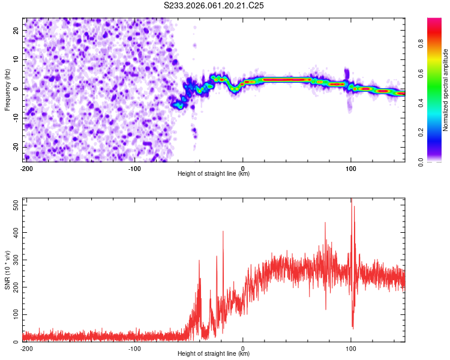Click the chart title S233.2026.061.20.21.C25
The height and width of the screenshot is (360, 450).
214,5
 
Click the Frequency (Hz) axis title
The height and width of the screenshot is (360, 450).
7,89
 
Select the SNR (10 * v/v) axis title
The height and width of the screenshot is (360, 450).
7,269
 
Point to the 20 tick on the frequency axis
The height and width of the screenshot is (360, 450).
16,30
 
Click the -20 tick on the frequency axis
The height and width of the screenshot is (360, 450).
16,147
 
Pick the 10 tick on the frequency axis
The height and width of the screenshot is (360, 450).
16,59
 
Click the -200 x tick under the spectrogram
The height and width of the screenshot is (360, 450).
26,167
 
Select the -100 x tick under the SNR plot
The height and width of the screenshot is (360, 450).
134,347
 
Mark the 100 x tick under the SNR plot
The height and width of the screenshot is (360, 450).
351,347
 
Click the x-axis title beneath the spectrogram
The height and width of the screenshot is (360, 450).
214,173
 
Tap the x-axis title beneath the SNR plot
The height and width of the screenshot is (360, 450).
214,353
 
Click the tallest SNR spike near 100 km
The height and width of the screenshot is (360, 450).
351,200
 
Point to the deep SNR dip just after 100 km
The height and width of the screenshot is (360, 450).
353,328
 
